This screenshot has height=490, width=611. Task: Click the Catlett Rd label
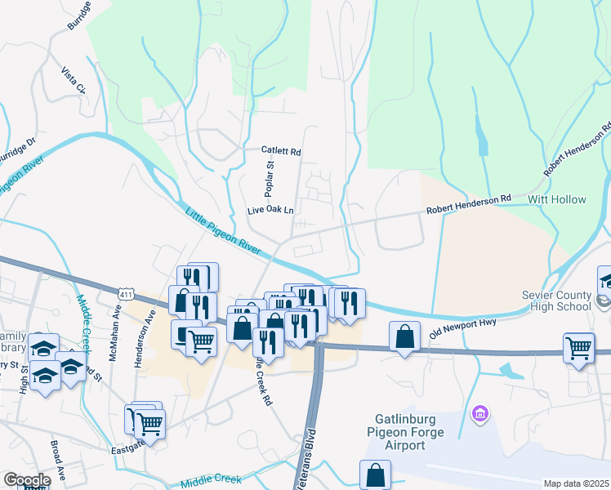[281, 152]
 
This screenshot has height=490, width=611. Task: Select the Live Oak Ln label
[270, 211]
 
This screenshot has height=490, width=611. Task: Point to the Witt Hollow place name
[557, 199]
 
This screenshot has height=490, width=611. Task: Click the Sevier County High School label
[555, 301]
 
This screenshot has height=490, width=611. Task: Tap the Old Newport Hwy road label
[463, 328]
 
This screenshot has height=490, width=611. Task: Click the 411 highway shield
[125, 293]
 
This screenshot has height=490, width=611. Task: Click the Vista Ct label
[74, 78]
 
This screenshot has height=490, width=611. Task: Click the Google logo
[26, 480]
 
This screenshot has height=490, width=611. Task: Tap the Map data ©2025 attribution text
[576, 483]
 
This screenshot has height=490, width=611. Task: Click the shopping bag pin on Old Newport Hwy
[405, 336]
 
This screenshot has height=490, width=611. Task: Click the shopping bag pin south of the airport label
[375, 474]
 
